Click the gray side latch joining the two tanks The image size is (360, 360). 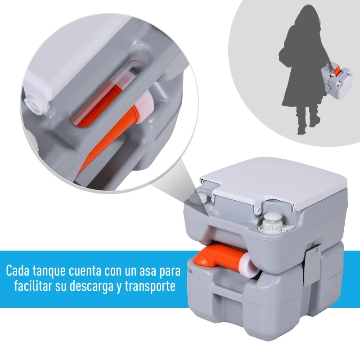(311, 261)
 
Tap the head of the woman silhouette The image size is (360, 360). (301, 13)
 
